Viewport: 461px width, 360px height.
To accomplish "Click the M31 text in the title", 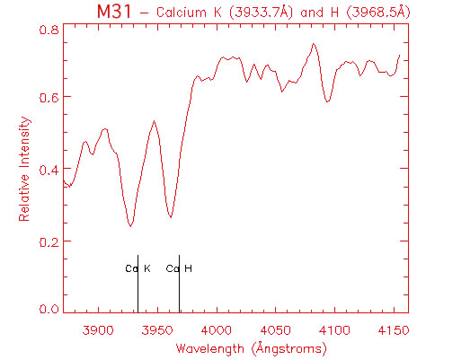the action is pyautogui.click(x=114, y=12).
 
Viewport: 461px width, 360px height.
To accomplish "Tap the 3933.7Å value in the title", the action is pyautogui.click(x=261, y=13).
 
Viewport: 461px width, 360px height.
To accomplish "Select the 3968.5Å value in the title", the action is pyautogui.click(x=378, y=13).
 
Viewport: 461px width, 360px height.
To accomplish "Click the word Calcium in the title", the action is pyautogui.click(x=182, y=13).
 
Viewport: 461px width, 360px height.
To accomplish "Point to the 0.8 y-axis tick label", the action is pyautogui.click(x=49, y=30).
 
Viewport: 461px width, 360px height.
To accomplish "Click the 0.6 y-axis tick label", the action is pyautogui.click(x=49, y=97).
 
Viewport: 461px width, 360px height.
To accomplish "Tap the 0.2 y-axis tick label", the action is pyautogui.click(x=49, y=241).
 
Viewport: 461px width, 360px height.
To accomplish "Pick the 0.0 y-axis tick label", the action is pyautogui.click(x=49, y=308).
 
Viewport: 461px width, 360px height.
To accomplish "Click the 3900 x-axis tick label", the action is pyautogui.click(x=98, y=330).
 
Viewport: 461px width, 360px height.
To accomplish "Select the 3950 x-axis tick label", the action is pyautogui.click(x=157, y=330).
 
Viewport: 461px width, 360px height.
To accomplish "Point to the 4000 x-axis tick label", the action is pyautogui.click(x=217, y=330).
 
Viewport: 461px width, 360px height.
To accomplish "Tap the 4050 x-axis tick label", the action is pyautogui.click(x=275, y=330).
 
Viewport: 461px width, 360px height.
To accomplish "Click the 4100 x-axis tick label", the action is pyautogui.click(x=334, y=330).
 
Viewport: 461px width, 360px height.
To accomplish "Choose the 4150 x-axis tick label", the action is pyautogui.click(x=394, y=330).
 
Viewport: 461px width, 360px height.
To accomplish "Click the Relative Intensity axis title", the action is pyautogui.click(x=24, y=169).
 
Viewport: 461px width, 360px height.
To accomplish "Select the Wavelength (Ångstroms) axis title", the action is pyautogui.click(x=251, y=349).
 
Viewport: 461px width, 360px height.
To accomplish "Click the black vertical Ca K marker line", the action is pyautogui.click(x=137, y=284).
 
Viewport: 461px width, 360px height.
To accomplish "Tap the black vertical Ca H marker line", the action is pyautogui.click(x=179, y=284).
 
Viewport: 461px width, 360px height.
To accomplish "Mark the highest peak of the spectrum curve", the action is pyautogui.click(x=314, y=44).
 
